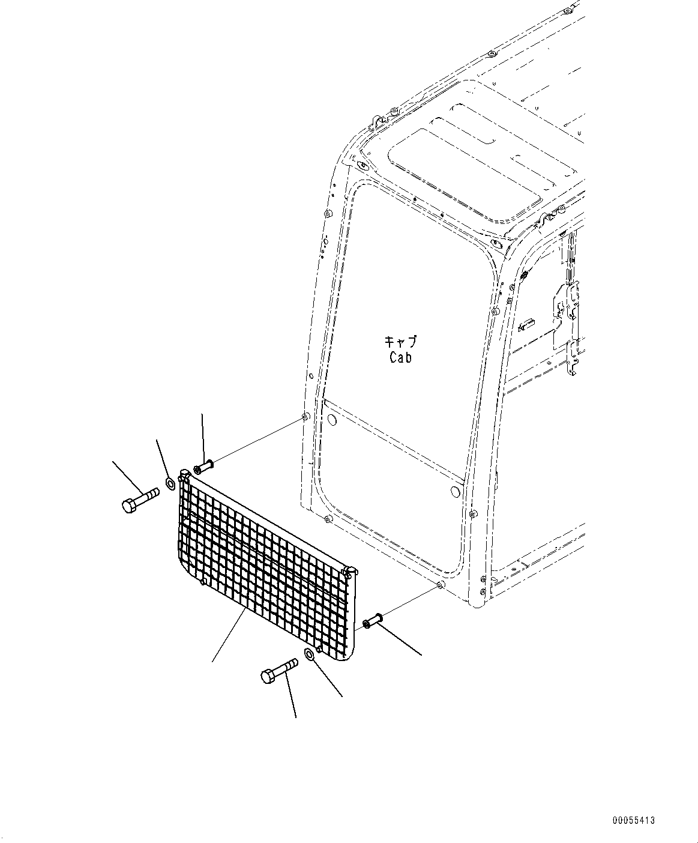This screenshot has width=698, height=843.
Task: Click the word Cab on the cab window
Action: [400, 357]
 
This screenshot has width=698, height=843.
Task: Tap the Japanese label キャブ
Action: [400, 342]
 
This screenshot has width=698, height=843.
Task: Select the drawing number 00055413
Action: [634, 820]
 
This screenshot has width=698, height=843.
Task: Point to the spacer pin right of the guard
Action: [373, 622]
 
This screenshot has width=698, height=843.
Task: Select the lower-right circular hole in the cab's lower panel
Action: [454, 492]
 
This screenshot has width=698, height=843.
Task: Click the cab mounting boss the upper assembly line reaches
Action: [305, 417]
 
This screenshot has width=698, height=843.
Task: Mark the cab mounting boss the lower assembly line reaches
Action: [441, 585]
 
